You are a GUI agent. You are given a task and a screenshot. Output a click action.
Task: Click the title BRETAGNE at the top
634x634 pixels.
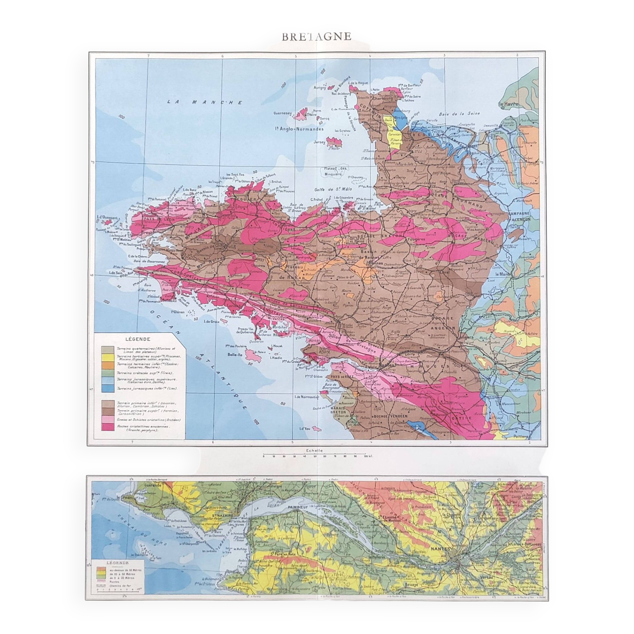316,37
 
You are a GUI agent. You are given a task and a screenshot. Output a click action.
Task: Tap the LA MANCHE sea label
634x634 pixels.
205,102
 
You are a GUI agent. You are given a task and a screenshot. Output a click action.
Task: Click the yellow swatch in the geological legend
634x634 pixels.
106,357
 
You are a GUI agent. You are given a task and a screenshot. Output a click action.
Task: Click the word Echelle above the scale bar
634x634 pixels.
314,450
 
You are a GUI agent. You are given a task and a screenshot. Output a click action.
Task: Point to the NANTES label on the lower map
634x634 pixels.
440,549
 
